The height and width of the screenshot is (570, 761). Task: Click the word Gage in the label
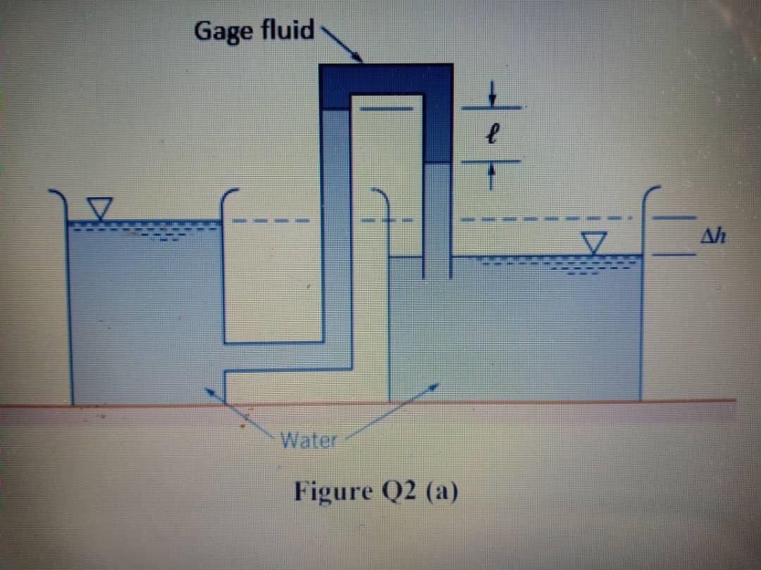[224, 32]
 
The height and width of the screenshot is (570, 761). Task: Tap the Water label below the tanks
[309, 442]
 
